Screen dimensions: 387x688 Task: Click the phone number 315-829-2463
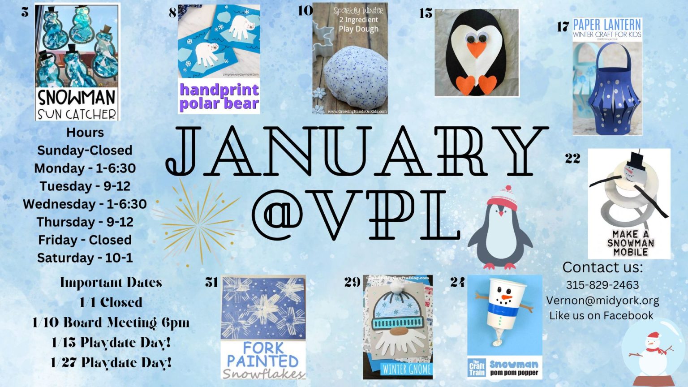[x=602, y=285]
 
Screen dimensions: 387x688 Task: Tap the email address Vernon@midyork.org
[x=602, y=300]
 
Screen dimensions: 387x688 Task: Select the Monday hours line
[x=85, y=168]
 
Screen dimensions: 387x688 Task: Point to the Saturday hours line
[x=85, y=258]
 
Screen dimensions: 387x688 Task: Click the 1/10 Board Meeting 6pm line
[x=111, y=322]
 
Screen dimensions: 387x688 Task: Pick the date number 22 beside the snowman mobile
[x=572, y=159]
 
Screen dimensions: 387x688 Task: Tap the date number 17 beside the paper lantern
[x=563, y=27]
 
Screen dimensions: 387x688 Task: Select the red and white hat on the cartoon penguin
[x=503, y=199]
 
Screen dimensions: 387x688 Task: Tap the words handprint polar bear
[x=219, y=96]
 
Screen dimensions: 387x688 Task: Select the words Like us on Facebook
[x=601, y=315]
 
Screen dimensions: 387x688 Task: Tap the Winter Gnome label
[x=407, y=369]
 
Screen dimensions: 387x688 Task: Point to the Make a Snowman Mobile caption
[x=630, y=243]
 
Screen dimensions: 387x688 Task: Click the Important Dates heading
[x=111, y=283]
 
